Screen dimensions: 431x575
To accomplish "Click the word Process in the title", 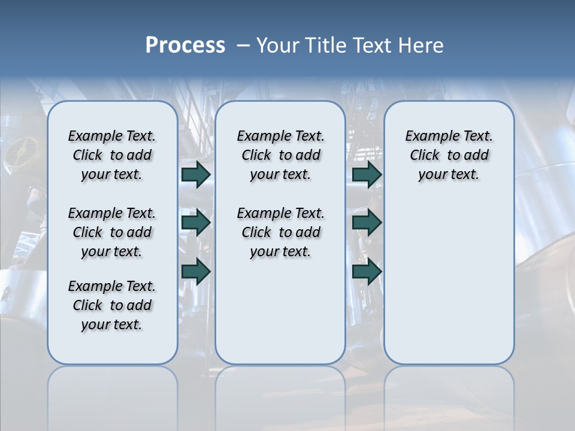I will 185,45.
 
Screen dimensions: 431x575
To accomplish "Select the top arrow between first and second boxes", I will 196,175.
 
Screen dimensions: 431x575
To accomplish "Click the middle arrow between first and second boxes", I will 196,223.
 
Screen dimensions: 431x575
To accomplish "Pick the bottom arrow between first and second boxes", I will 196,272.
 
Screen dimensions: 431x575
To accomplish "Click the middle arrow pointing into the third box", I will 367,223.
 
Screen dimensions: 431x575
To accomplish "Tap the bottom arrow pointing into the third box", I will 367,272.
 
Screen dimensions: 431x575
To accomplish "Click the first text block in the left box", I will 112,155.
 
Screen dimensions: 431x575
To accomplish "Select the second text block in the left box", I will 112,232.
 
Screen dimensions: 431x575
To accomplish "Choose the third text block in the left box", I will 112,305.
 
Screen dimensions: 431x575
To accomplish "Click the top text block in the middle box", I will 280,155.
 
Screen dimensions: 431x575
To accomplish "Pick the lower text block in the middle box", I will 280,232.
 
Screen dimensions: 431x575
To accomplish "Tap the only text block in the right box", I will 449,155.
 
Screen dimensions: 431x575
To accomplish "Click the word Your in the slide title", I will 278,45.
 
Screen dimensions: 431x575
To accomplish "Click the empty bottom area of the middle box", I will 280,317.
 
